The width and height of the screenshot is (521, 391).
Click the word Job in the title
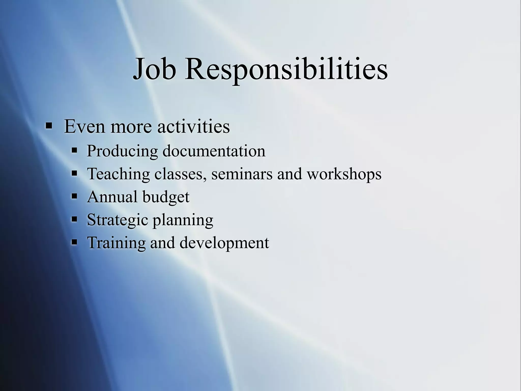tap(155, 69)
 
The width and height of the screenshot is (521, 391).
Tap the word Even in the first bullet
tap(84, 127)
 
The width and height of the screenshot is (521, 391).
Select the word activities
tap(193, 127)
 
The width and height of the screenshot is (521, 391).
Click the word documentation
tap(214, 151)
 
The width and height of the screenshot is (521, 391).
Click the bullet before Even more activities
tap(49, 125)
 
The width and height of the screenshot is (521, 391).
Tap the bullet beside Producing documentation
tap(74, 150)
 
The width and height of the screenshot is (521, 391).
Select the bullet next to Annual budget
tap(74, 196)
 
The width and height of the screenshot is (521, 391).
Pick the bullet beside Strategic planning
tap(74, 219)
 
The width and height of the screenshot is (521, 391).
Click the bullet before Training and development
tap(74, 242)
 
